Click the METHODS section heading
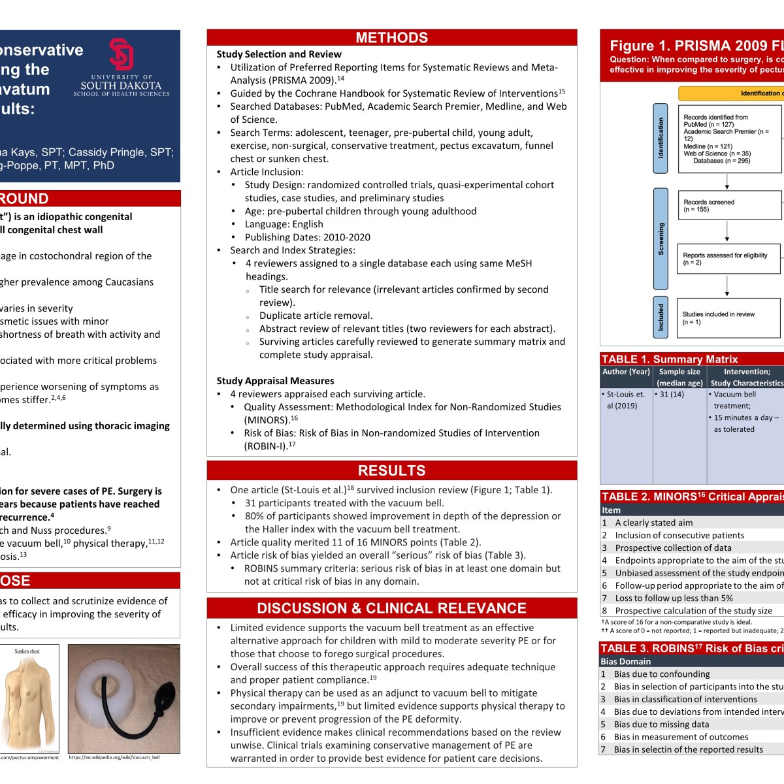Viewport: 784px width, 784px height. tap(391, 38)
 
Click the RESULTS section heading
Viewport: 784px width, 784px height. tap(391, 470)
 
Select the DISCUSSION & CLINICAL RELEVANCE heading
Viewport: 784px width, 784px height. tap(391, 608)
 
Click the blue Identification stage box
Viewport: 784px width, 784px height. tap(661, 138)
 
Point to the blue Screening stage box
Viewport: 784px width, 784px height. tap(661, 238)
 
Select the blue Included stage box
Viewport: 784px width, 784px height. tap(661, 317)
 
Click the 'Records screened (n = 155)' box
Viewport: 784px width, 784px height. tap(729, 206)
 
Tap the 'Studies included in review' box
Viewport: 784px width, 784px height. tap(729, 318)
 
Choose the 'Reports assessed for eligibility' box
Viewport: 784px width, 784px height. tap(729, 259)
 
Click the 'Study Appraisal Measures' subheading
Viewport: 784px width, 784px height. tap(275, 381)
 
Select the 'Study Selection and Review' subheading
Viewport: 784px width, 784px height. tap(279, 54)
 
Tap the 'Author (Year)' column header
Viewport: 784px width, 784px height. tap(626, 372)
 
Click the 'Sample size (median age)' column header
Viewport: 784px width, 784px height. tap(679, 377)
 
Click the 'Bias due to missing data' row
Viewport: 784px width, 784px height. tap(661, 725)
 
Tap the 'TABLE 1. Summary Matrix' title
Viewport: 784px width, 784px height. tap(669, 359)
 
